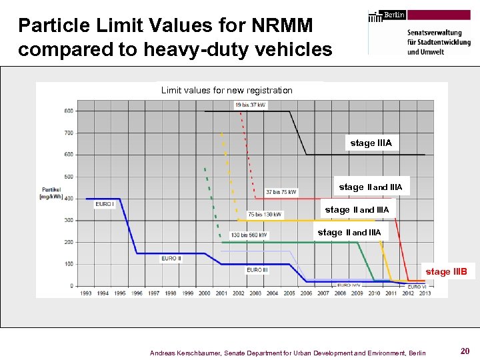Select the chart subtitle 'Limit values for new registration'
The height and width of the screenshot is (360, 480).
point(227,90)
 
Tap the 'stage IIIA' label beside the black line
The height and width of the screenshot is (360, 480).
point(371,143)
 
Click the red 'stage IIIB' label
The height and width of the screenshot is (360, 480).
point(446,271)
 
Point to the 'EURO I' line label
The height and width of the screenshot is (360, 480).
point(104,204)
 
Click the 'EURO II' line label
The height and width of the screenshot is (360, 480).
point(171,258)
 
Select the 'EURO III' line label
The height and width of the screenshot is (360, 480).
point(257,270)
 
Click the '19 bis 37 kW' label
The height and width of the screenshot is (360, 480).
point(250,105)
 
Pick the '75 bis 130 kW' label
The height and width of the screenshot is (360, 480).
point(265,214)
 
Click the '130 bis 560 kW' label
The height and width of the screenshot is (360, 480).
point(249,235)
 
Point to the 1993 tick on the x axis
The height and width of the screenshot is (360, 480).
point(86,293)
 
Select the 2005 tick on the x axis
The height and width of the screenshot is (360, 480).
point(289,293)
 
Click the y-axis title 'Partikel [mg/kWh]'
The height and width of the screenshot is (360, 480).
point(51,193)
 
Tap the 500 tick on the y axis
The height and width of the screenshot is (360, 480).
point(69,177)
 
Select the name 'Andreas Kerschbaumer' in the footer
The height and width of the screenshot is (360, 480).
point(185,352)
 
